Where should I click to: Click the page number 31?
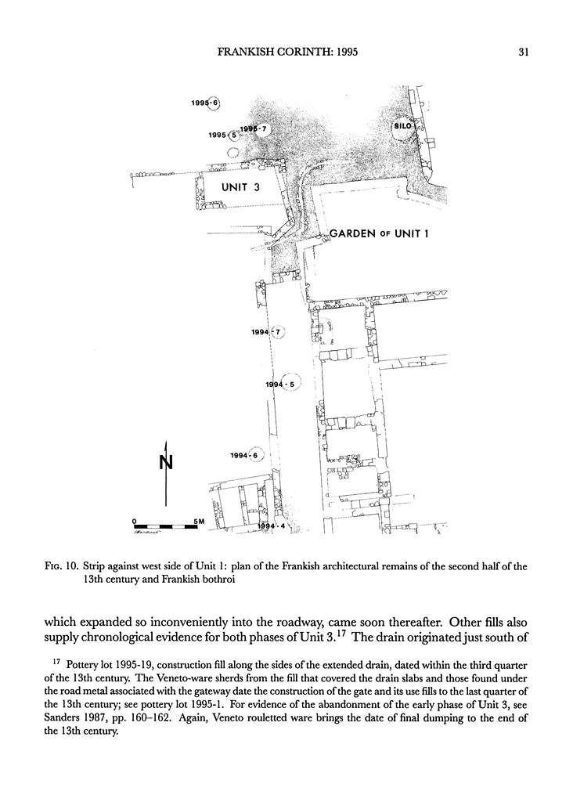point(525,53)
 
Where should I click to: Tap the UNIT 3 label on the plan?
point(240,187)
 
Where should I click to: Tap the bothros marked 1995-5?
point(232,135)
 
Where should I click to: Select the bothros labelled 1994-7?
point(278,332)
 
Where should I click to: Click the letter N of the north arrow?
point(165,462)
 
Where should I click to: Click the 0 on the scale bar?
point(135,521)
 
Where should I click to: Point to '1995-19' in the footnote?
point(128,666)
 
